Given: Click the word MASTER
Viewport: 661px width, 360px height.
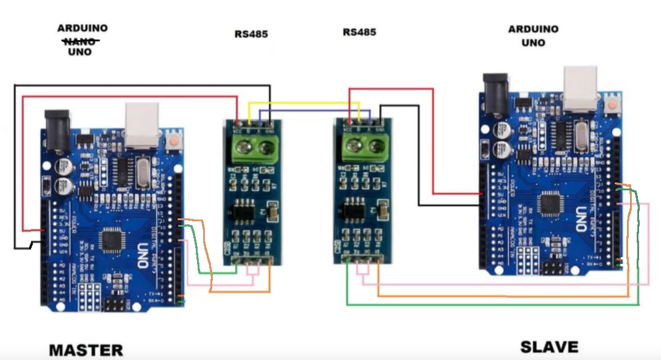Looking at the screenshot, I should (x=86, y=350).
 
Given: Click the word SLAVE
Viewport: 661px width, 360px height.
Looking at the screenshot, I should (x=549, y=347).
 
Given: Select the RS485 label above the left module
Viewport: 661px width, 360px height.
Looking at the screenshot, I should (x=251, y=34).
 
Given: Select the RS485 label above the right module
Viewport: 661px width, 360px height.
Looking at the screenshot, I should (x=359, y=32).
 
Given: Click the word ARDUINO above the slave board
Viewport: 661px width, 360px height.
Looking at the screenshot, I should (x=533, y=29).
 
